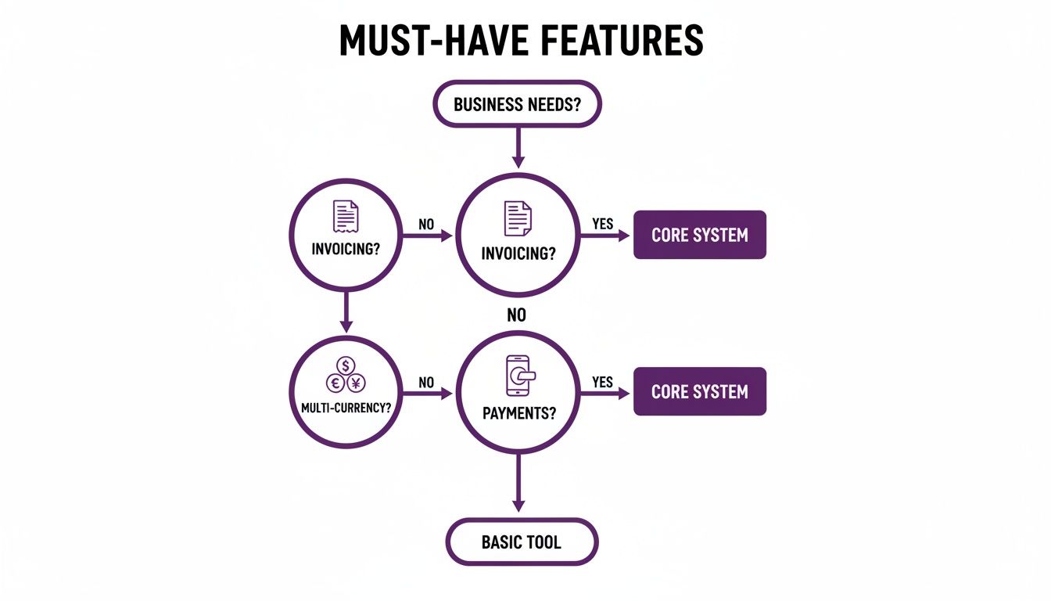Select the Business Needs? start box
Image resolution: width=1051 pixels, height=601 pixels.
click(517, 103)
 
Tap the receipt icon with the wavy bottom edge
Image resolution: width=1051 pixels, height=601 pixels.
click(346, 216)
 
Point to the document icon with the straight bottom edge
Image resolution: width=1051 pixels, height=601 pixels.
click(517, 217)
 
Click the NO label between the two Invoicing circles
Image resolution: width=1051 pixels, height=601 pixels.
click(426, 225)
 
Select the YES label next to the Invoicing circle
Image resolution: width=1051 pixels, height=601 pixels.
click(603, 225)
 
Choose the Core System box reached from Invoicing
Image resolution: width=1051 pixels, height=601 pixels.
click(699, 235)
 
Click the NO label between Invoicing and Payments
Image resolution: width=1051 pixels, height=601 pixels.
click(516, 315)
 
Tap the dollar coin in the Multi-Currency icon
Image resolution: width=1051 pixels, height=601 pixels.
click(346, 365)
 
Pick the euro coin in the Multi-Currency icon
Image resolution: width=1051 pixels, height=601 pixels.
click(335, 383)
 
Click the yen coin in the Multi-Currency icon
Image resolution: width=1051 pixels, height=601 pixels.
click(356, 383)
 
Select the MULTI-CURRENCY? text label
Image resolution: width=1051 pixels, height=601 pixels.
click(346, 408)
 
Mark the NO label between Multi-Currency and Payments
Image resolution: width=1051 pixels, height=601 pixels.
click(426, 383)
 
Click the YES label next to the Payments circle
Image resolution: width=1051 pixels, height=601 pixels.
click(603, 382)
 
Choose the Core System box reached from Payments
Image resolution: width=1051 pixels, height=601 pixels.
click(699, 391)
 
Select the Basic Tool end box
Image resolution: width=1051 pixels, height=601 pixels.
click(522, 542)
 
